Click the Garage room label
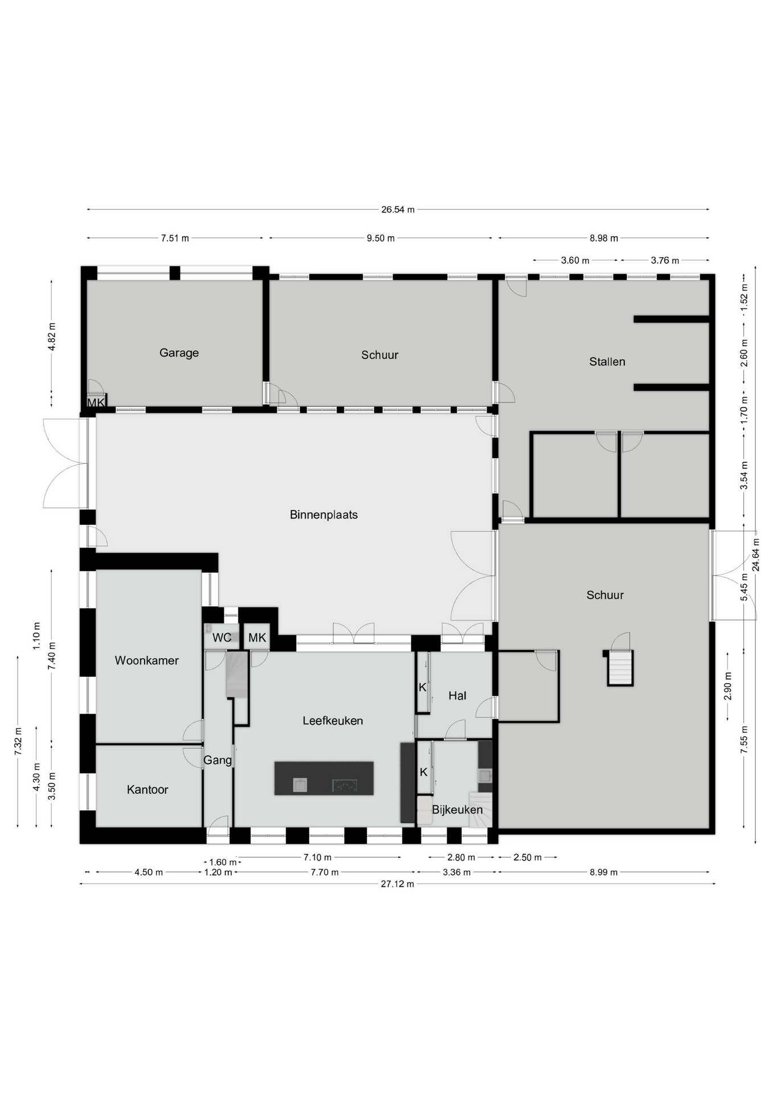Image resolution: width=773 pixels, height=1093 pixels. [x=179, y=353]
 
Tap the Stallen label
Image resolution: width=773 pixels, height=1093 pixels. [x=607, y=361]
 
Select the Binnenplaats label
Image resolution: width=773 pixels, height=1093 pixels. [x=323, y=515]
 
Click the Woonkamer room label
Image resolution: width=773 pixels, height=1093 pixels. [x=146, y=660]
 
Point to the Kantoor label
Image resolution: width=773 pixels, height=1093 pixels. [x=147, y=790]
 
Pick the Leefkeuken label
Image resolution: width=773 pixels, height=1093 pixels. [x=332, y=721]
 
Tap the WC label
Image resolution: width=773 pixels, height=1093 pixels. [x=222, y=638]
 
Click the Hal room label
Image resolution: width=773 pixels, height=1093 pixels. [x=457, y=696]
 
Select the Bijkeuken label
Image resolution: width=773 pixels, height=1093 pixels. [x=457, y=810]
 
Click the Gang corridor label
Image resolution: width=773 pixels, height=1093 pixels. [x=217, y=760]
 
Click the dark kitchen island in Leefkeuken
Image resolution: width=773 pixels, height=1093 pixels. [x=324, y=778]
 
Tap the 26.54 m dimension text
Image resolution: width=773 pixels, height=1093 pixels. [x=398, y=209]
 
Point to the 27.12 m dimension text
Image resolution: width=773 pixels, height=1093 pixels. [x=397, y=884]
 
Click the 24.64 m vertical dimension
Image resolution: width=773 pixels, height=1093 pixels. [x=755, y=554]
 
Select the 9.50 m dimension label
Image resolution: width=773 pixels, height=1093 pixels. [x=380, y=239]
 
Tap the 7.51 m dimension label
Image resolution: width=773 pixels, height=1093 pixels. [x=175, y=239]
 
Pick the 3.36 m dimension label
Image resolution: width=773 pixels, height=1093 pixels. [x=457, y=872]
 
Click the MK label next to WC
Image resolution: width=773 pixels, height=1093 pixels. [x=257, y=638]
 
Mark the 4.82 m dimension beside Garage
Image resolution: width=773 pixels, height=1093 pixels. [x=52, y=338]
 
